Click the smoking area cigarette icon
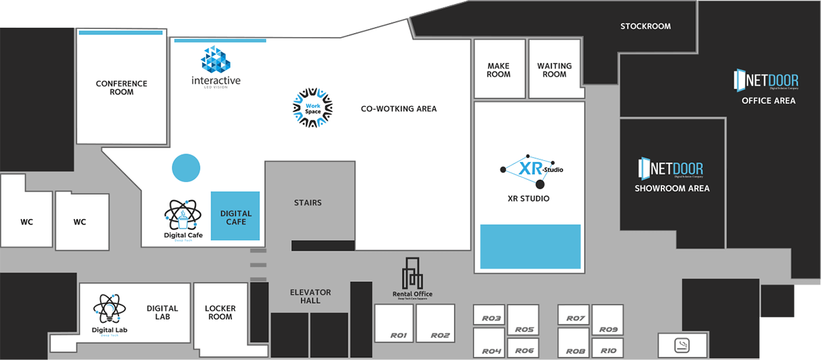coord(681,345)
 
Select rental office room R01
coord(394,323)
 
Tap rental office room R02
coord(435,323)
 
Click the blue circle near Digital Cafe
coord(186,167)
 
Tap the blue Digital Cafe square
coord(235,216)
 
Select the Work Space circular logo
coord(312,107)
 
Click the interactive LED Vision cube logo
coord(215,60)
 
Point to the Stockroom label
coord(645,26)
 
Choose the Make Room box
coord(499,69)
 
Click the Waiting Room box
coord(554,69)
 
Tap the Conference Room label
coord(121,87)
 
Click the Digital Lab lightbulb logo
coord(109,308)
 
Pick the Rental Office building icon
coord(412,273)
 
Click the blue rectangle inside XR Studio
coord(530,246)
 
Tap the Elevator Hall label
coord(310,296)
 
